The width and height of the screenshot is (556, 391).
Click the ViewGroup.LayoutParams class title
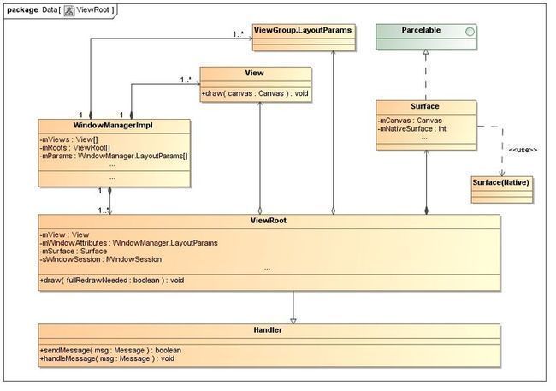[x=303, y=30]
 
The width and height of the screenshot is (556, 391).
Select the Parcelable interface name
[x=421, y=30]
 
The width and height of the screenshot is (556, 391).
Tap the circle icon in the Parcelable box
[x=470, y=32]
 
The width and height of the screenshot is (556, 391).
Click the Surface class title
[x=425, y=106]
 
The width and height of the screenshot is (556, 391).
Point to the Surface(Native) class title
[x=500, y=182]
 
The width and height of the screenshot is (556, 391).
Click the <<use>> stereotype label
[x=523, y=150]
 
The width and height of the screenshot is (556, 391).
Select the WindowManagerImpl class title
[x=113, y=125]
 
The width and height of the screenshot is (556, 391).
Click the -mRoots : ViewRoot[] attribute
[x=74, y=148]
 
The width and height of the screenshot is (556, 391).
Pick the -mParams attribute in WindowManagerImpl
[x=114, y=156]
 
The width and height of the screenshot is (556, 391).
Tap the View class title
[x=254, y=73]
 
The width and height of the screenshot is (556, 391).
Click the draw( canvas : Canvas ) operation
[x=255, y=93]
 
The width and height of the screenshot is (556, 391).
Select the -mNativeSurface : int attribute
[x=411, y=129]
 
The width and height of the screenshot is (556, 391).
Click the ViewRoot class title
[x=269, y=221]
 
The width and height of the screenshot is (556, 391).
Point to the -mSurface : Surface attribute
[x=73, y=251]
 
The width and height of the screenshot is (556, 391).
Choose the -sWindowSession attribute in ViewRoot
[x=100, y=259]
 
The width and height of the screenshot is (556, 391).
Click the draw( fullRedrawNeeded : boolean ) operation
[x=112, y=281]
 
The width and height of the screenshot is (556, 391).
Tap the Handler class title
[x=268, y=330]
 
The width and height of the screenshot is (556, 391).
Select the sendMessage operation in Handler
[x=110, y=350]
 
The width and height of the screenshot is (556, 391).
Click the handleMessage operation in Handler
[x=107, y=358]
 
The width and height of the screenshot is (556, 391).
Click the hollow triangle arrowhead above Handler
[x=293, y=321]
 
